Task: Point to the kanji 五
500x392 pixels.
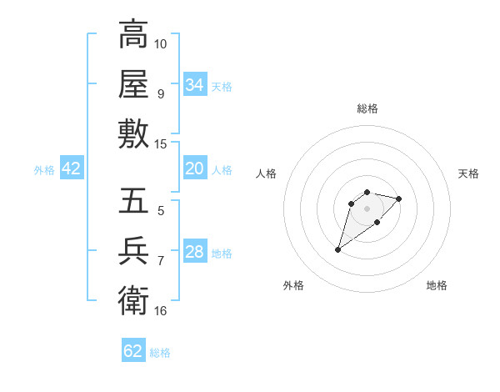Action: point(133,201)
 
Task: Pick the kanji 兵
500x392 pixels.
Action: point(133,251)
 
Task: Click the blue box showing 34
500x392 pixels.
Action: point(195,85)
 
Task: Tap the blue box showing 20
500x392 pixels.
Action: point(195,168)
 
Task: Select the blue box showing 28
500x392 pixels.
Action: point(195,252)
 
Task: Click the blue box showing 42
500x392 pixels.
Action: point(72,168)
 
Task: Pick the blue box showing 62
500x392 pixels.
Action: point(133,351)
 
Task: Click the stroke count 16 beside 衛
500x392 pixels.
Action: point(161,311)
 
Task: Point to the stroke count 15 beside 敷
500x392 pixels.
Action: point(161,143)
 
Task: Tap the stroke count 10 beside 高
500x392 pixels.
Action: point(161,43)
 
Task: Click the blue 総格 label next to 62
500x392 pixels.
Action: point(160,353)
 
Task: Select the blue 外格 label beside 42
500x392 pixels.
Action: point(44,170)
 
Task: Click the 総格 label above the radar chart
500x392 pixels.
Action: point(367,108)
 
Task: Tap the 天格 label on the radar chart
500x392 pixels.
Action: point(468,173)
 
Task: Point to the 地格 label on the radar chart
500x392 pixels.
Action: point(437,285)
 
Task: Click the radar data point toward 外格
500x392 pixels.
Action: point(338,249)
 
